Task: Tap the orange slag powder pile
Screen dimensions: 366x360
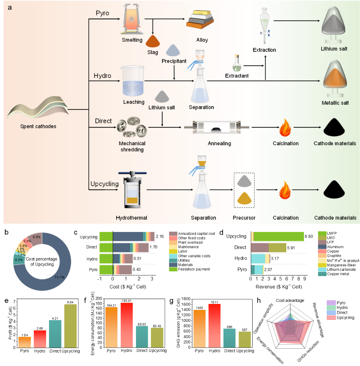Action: click(x=153, y=41)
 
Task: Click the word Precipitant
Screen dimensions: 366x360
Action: click(x=174, y=61)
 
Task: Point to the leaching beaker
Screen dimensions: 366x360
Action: click(x=133, y=81)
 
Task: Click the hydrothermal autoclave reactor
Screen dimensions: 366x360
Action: click(x=132, y=190)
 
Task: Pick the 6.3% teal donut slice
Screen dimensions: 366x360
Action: click(x=18, y=260)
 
